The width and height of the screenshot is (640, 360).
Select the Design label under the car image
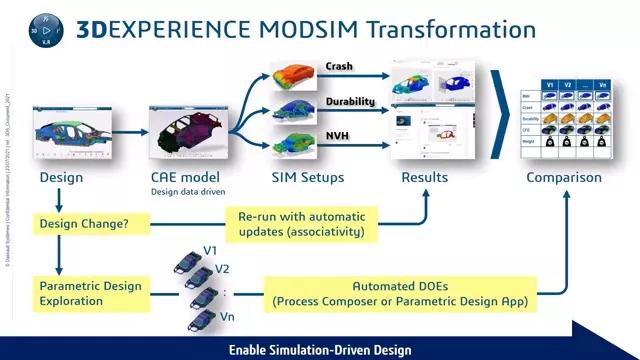[60, 178]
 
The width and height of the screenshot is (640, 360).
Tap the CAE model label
[179, 177]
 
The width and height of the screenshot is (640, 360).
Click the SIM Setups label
[308, 178]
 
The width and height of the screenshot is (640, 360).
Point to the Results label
[424, 178]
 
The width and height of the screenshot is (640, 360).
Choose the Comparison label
[565, 178]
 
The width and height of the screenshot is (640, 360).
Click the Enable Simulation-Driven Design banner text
[320, 350]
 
